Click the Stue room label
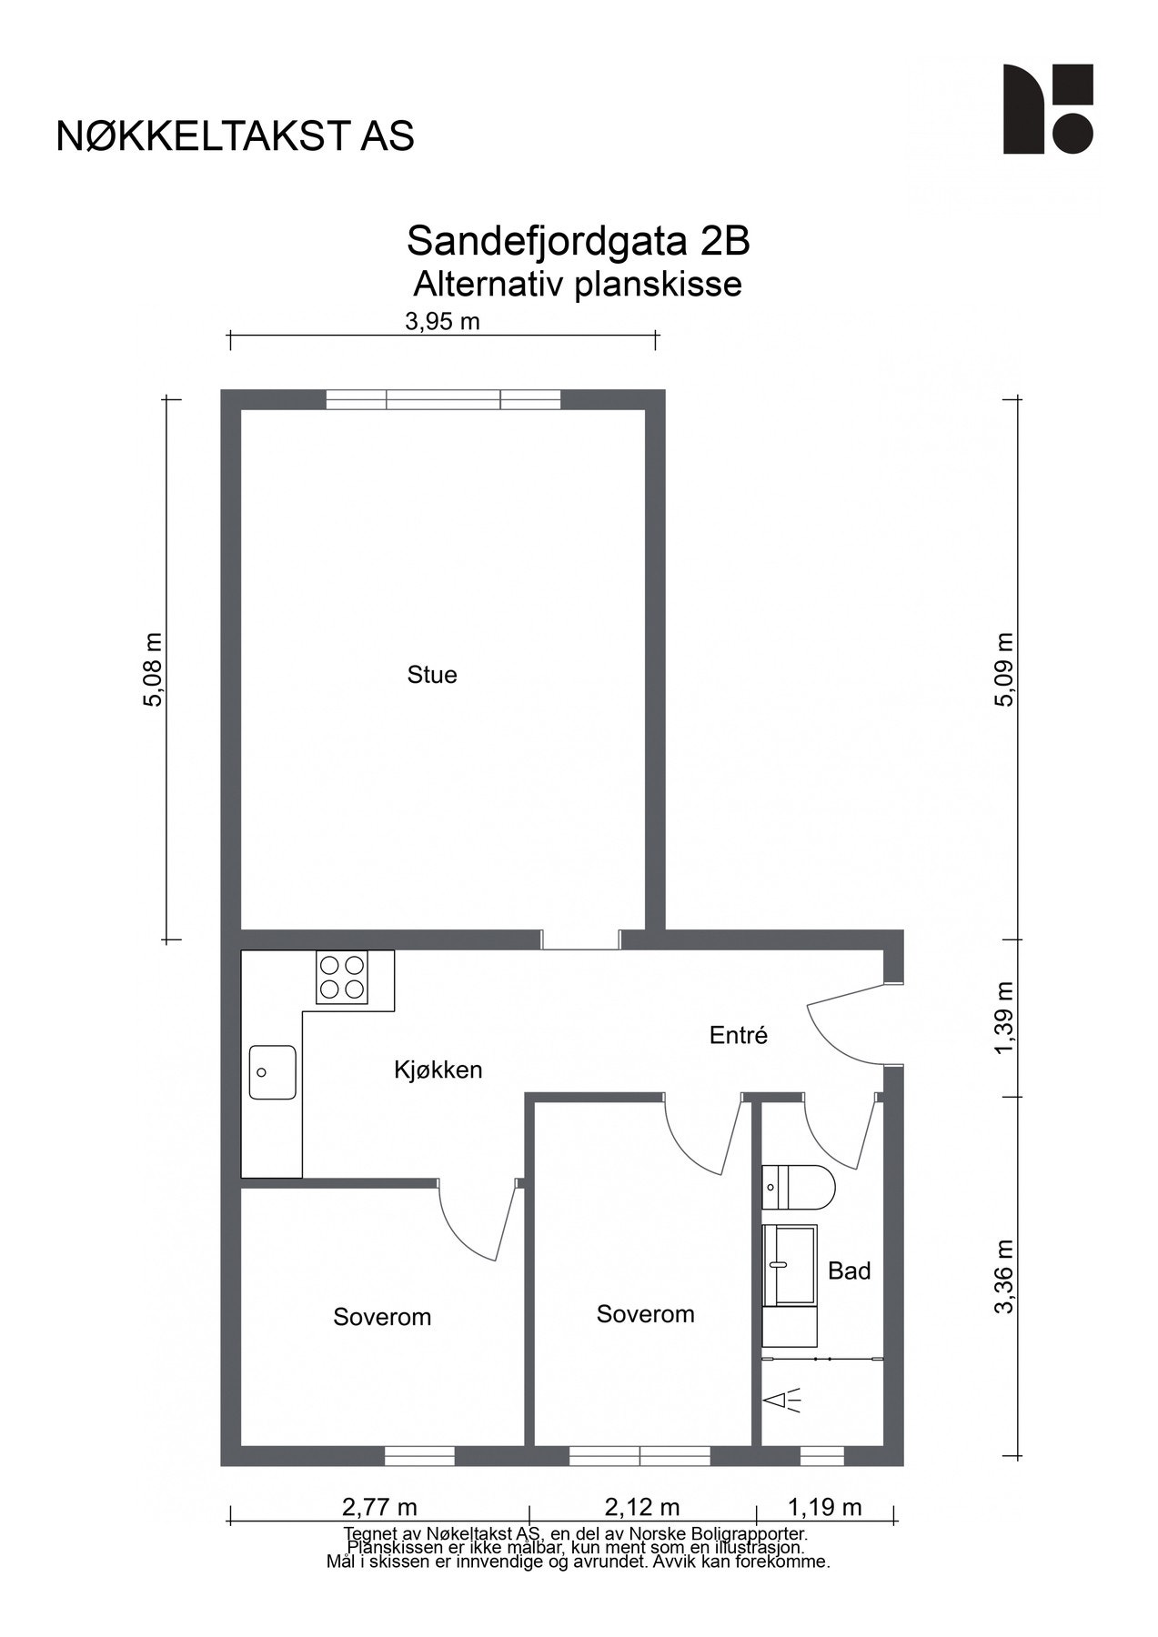(x=432, y=675)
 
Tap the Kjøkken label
(x=438, y=1070)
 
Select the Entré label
(x=739, y=1035)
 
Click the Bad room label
(x=849, y=1270)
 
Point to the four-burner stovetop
(x=342, y=977)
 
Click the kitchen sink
(x=273, y=1072)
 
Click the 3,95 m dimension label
(x=442, y=321)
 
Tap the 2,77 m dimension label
(x=379, y=1508)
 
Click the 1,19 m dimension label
(x=824, y=1508)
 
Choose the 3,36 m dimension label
(x=1004, y=1277)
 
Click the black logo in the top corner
(x=1047, y=109)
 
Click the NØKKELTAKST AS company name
(x=235, y=136)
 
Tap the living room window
(x=443, y=400)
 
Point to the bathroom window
(x=821, y=1456)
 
